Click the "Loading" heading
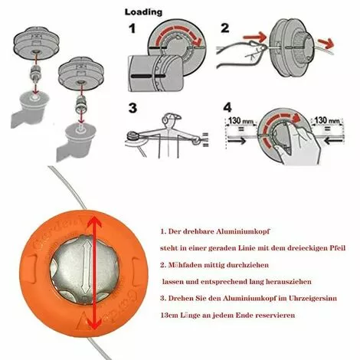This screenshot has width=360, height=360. coord(143,12)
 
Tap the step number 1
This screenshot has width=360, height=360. coord(132,32)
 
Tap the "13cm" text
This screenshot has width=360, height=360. coord(171,314)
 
